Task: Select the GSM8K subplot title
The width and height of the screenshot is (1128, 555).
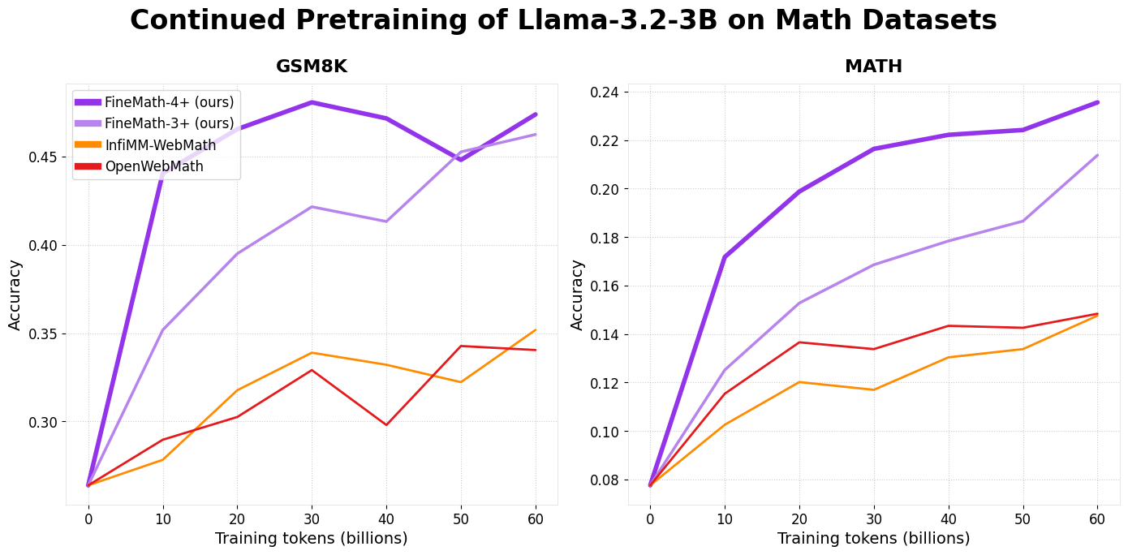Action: (x=312, y=67)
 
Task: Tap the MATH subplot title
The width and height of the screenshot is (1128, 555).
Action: (x=873, y=67)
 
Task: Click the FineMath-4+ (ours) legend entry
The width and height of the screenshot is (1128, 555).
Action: (x=169, y=102)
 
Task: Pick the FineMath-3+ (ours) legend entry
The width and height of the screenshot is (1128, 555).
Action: (x=169, y=123)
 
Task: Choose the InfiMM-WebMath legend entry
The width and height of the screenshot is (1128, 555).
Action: (x=161, y=145)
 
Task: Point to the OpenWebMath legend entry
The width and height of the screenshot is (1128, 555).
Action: (x=154, y=166)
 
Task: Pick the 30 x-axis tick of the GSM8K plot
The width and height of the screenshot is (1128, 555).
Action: (x=312, y=518)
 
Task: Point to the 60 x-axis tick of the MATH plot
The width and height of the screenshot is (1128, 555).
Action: (x=1097, y=518)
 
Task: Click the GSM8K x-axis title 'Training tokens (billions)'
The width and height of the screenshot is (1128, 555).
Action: (x=312, y=539)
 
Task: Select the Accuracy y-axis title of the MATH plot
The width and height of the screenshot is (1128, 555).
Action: (x=578, y=295)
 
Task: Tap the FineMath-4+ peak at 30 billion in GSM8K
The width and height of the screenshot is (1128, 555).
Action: (x=312, y=102)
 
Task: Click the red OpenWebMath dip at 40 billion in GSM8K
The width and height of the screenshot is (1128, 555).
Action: (x=386, y=424)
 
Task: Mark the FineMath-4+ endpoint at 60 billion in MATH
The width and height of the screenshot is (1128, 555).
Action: (x=1097, y=102)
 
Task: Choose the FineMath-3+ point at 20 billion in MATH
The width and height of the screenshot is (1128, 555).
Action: (x=799, y=303)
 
